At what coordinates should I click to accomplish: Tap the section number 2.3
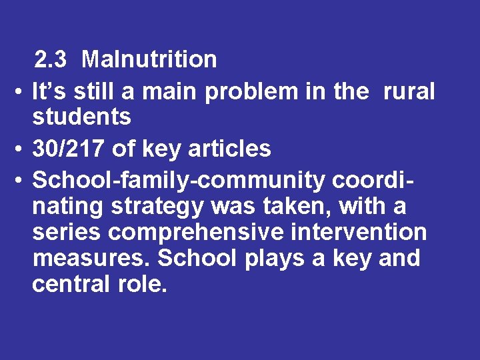(x=51, y=60)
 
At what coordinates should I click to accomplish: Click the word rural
(x=408, y=92)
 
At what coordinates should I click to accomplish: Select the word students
(x=81, y=117)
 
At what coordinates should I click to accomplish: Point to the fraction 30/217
(x=69, y=149)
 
